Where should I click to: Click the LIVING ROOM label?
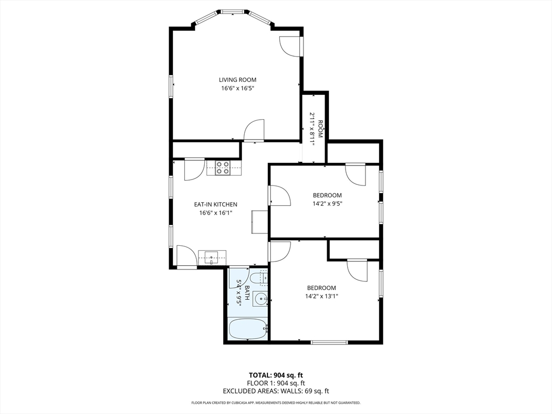(x=237, y=80)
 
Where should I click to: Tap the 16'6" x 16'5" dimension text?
(x=237, y=88)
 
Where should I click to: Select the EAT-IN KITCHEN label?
(x=216, y=204)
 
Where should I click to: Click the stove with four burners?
(x=223, y=168)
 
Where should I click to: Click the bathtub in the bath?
(x=248, y=328)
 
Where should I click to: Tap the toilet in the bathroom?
(x=258, y=278)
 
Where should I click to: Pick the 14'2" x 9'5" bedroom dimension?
(x=327, y=204)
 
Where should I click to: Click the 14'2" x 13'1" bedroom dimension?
(x=322, y=296)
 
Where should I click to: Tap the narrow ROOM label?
(x=320, y=129)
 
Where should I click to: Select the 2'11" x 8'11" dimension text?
(x=312, y=127)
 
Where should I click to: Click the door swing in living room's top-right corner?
(x=290, y=46)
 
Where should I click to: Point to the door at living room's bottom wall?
(x=254, y=130)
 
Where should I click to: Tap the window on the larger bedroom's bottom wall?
(x=329, y=342)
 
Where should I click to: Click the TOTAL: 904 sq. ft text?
(x=275, y=375)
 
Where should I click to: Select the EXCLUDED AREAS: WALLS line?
(x=275, y=391)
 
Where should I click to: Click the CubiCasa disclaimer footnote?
(x=275, y=403)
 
